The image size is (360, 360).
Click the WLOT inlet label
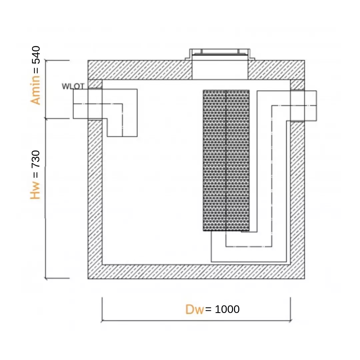click(73, 86)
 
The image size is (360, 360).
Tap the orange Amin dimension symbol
click(35, 90)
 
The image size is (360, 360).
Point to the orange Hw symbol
click(35, 190)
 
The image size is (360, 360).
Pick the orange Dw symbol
click(194, 309)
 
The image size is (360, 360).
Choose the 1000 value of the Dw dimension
click(227, 309)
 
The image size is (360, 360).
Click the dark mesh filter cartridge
click(226, 160)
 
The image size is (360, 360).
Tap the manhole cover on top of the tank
click(219, 54)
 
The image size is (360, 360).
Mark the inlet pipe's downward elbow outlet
click(122, 129)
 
